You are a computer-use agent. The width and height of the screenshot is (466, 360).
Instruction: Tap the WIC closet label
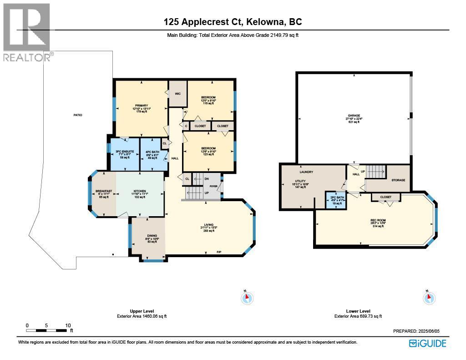pyautogui.click(x=178, y=94)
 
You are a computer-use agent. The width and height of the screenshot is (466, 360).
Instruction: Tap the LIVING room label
pyautogui.click(x=209, y=225)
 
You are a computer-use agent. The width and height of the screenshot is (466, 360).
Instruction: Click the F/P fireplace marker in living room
pyautogui.click(x=219, y=252)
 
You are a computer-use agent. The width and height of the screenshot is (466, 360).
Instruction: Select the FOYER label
pyautogui.click(x=213, y=186)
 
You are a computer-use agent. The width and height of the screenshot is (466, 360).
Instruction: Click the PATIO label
pyautogui.click(x=78, y=116)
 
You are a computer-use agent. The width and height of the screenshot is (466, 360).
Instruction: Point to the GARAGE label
pyautogui.click(x=354, y=116)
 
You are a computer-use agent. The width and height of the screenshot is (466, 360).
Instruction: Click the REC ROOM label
pyautogui.click(x=378, y=221)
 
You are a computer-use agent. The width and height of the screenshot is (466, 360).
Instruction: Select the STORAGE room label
pyautogui.click(x=398, y=180)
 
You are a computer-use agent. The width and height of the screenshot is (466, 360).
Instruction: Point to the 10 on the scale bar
pyautogui.click(x=68, y=325)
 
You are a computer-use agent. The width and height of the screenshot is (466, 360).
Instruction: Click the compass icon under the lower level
pyautogui.click(x=429, y=298)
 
